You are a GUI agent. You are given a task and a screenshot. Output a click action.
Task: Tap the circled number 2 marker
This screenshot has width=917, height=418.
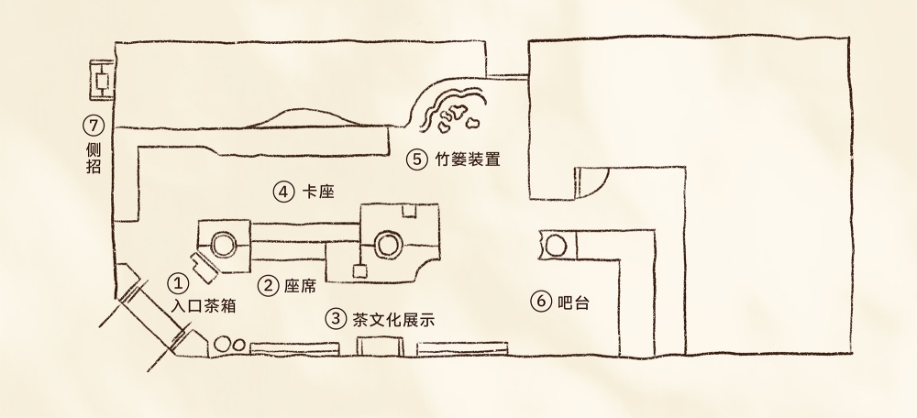point(267,286)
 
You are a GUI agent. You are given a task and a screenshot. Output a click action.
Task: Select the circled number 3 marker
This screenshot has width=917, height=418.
point(337,319)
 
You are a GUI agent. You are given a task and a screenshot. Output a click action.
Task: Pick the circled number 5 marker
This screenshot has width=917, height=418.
point(417,159)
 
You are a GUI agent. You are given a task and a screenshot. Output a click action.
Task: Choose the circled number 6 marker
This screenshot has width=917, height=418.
point(542,301)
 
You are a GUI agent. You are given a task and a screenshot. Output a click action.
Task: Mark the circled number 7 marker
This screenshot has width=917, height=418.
point(94,125)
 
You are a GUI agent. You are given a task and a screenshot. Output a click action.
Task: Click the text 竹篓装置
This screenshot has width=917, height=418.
point(468,159)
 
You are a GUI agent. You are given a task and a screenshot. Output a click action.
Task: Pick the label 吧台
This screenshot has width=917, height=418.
point(572,301)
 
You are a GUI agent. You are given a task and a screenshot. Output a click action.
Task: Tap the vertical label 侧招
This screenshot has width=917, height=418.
point(94,161)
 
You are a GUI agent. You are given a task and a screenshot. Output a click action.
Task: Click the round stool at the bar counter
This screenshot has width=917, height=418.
point(556,245)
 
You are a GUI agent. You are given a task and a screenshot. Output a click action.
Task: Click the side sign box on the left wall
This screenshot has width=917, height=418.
point(101,82)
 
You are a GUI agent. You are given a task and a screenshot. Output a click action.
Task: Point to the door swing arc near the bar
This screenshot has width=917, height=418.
point(588,181)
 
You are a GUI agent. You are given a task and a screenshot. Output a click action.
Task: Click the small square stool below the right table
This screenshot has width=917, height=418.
point(359,271)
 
